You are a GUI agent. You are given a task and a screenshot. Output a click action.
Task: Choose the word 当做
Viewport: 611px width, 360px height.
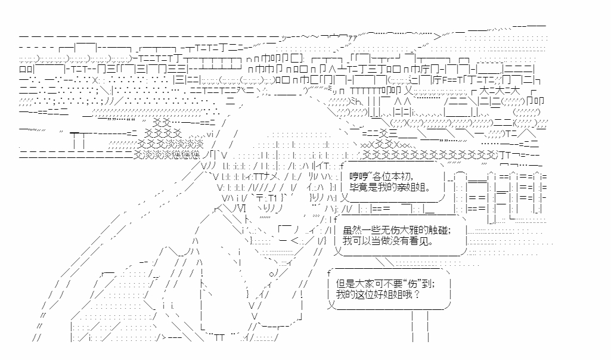pos(378,241)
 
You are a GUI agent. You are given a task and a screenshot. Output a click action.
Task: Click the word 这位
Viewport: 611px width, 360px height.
pos(364,294)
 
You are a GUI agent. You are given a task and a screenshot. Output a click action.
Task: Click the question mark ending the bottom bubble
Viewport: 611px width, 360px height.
pos(417,294)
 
